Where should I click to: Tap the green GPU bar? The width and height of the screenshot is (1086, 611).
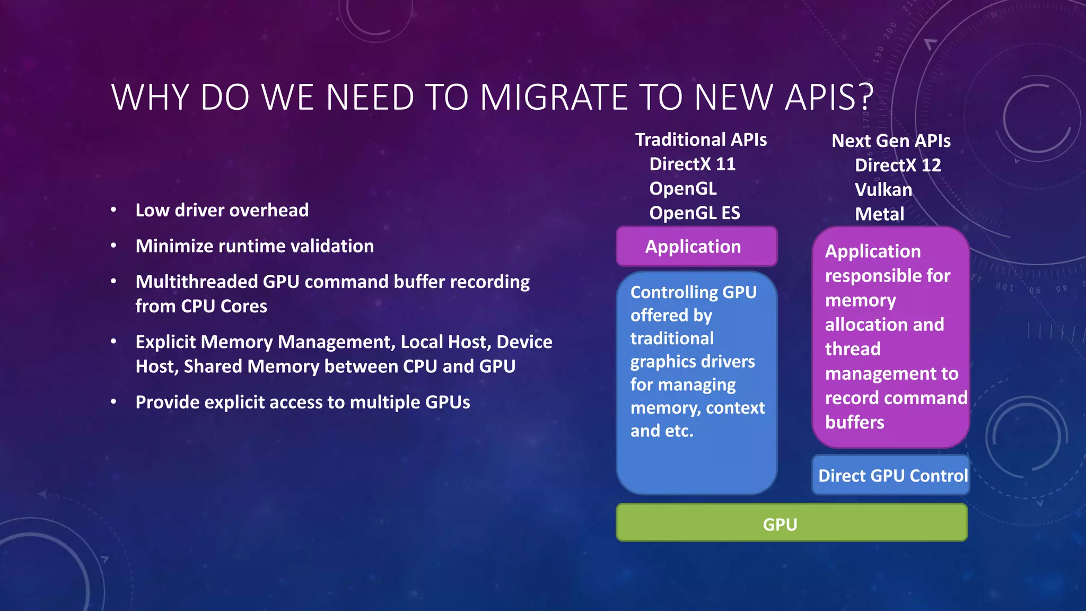(791, 523)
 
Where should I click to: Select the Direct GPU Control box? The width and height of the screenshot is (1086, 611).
(892, 475)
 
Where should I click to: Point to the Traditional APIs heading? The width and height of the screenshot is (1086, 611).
(700, 139)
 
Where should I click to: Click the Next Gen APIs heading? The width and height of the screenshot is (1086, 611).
(890, 141)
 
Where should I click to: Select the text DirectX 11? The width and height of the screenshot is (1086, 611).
(692, 164)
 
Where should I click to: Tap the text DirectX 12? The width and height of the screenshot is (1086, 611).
(897, 165)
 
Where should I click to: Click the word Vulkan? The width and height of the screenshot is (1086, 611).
(883, 190)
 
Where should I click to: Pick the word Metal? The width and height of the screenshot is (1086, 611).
(879, 214)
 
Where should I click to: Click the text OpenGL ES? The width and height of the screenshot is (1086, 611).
(694, 213)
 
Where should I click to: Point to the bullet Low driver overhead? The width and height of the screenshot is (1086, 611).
(222, 211)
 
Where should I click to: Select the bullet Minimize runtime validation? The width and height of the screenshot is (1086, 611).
(255, 246)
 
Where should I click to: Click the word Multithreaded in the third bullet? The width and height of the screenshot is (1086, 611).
(196, 282)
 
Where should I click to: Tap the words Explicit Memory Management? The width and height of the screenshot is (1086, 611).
(265, 342)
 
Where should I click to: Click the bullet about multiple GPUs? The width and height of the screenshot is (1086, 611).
(302, 403)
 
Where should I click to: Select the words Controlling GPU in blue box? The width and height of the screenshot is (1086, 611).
(693, 292)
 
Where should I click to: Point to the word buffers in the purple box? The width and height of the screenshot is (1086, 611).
(854, 423)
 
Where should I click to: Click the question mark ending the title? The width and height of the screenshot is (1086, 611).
(866, 98)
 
